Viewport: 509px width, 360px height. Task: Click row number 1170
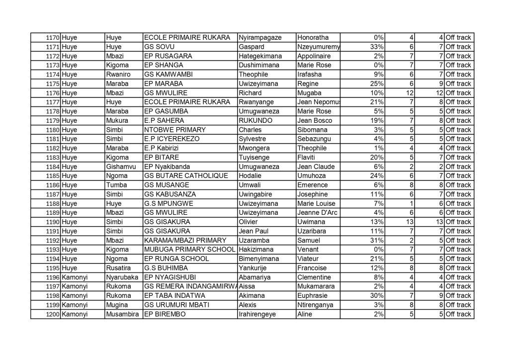[52, 38]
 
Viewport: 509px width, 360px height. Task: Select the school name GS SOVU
[157, 47]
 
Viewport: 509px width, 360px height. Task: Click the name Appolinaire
[314, 56]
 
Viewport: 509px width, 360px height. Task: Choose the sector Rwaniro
[118, 75]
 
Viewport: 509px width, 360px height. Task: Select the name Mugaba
[309, 93]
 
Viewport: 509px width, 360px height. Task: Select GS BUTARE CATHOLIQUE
[185, 176]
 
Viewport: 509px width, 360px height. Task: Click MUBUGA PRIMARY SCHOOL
[189, 250]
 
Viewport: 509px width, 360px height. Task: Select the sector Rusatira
[118, 268]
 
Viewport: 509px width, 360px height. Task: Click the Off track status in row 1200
[458, 314]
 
